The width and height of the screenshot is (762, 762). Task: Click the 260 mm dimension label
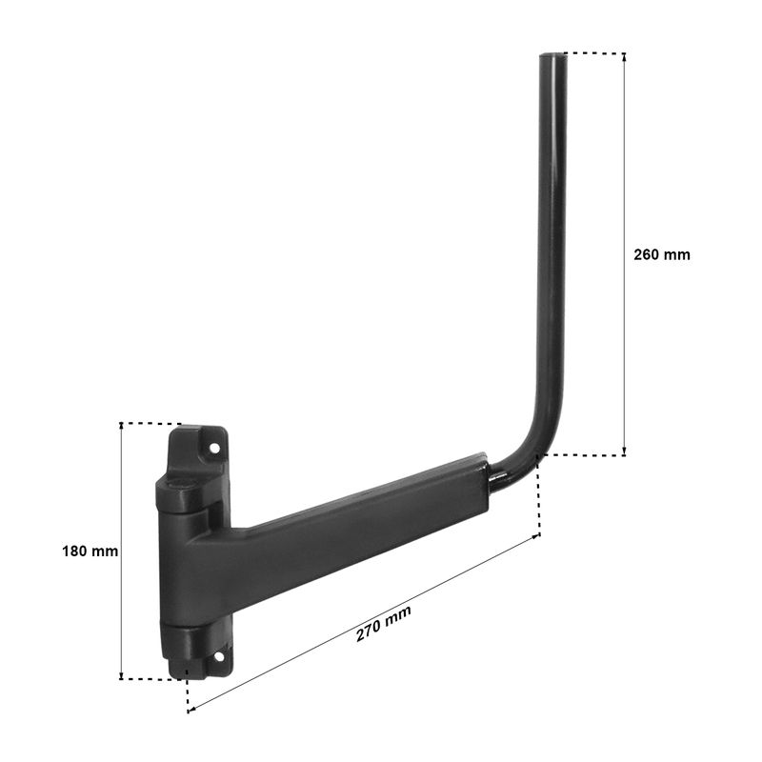click(661, 254)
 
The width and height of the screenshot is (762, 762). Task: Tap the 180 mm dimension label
click(90, 551)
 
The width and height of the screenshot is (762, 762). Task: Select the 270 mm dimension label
click(384, 624)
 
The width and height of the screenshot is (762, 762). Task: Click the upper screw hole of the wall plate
click(213, 448)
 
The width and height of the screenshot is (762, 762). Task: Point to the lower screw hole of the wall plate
click(219, 657)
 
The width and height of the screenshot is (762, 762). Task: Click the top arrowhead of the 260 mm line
click(625, 56)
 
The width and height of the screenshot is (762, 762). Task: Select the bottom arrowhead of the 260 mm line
click(625, 451)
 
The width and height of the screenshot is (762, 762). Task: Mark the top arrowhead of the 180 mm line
click(121, 427)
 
